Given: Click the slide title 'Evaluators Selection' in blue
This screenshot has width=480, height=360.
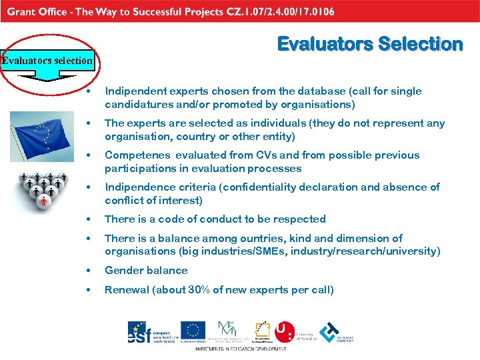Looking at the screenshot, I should [369, 44].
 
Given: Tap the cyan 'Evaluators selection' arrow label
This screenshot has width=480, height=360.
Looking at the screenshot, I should [47, 61].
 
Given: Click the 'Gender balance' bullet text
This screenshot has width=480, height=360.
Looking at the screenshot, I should [146, 271].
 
